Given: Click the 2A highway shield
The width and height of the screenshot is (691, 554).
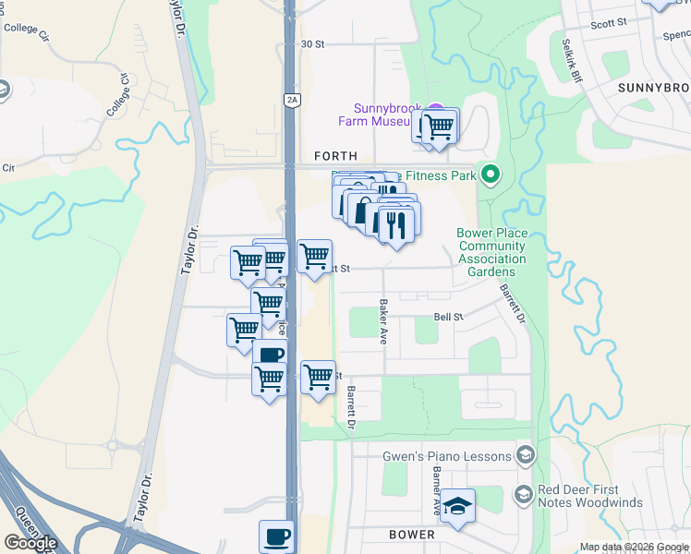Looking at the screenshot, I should point(292,100).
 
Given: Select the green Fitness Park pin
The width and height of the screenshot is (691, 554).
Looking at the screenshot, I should point(491,175).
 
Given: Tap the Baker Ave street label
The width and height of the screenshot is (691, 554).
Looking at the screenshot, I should point(382,321).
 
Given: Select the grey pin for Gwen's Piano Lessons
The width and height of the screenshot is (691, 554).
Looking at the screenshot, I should point(526,456).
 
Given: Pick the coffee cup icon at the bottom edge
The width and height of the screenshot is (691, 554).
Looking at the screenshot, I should point(277,536).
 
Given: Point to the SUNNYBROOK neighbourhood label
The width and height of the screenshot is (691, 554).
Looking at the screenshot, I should point(654,87).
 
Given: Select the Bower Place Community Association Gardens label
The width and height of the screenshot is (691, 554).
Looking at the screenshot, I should point(491,247).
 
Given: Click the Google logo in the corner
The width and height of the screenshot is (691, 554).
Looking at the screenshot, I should point(31,543).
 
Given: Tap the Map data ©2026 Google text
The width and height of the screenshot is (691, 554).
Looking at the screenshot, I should point(634,547).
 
